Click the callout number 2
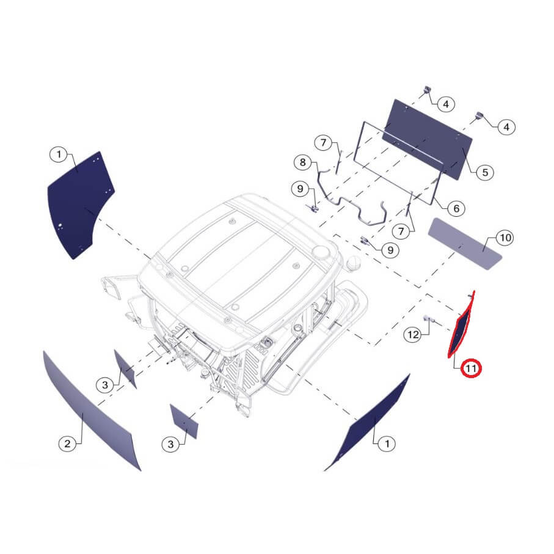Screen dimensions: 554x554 click(67, 443)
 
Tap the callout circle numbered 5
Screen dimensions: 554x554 click(485, 172)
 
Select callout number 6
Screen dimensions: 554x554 click(456, 208)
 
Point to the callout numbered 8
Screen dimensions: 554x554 click(303, 162)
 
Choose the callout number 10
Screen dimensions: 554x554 click(505, 238)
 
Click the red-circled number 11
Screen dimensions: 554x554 click(471, 368)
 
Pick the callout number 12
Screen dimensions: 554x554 click(413, 334)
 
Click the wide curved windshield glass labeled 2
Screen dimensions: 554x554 click(92, 410)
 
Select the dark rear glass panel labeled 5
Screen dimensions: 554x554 click(428, 139)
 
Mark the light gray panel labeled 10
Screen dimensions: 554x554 click(465, 244)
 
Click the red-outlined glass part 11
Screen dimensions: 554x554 click(461, 324)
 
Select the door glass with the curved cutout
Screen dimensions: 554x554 click(81, 205)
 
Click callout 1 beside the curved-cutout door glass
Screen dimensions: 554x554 click(59, 154)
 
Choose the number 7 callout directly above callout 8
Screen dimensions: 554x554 click(324, 143)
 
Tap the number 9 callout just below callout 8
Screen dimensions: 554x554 click(301, 188)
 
